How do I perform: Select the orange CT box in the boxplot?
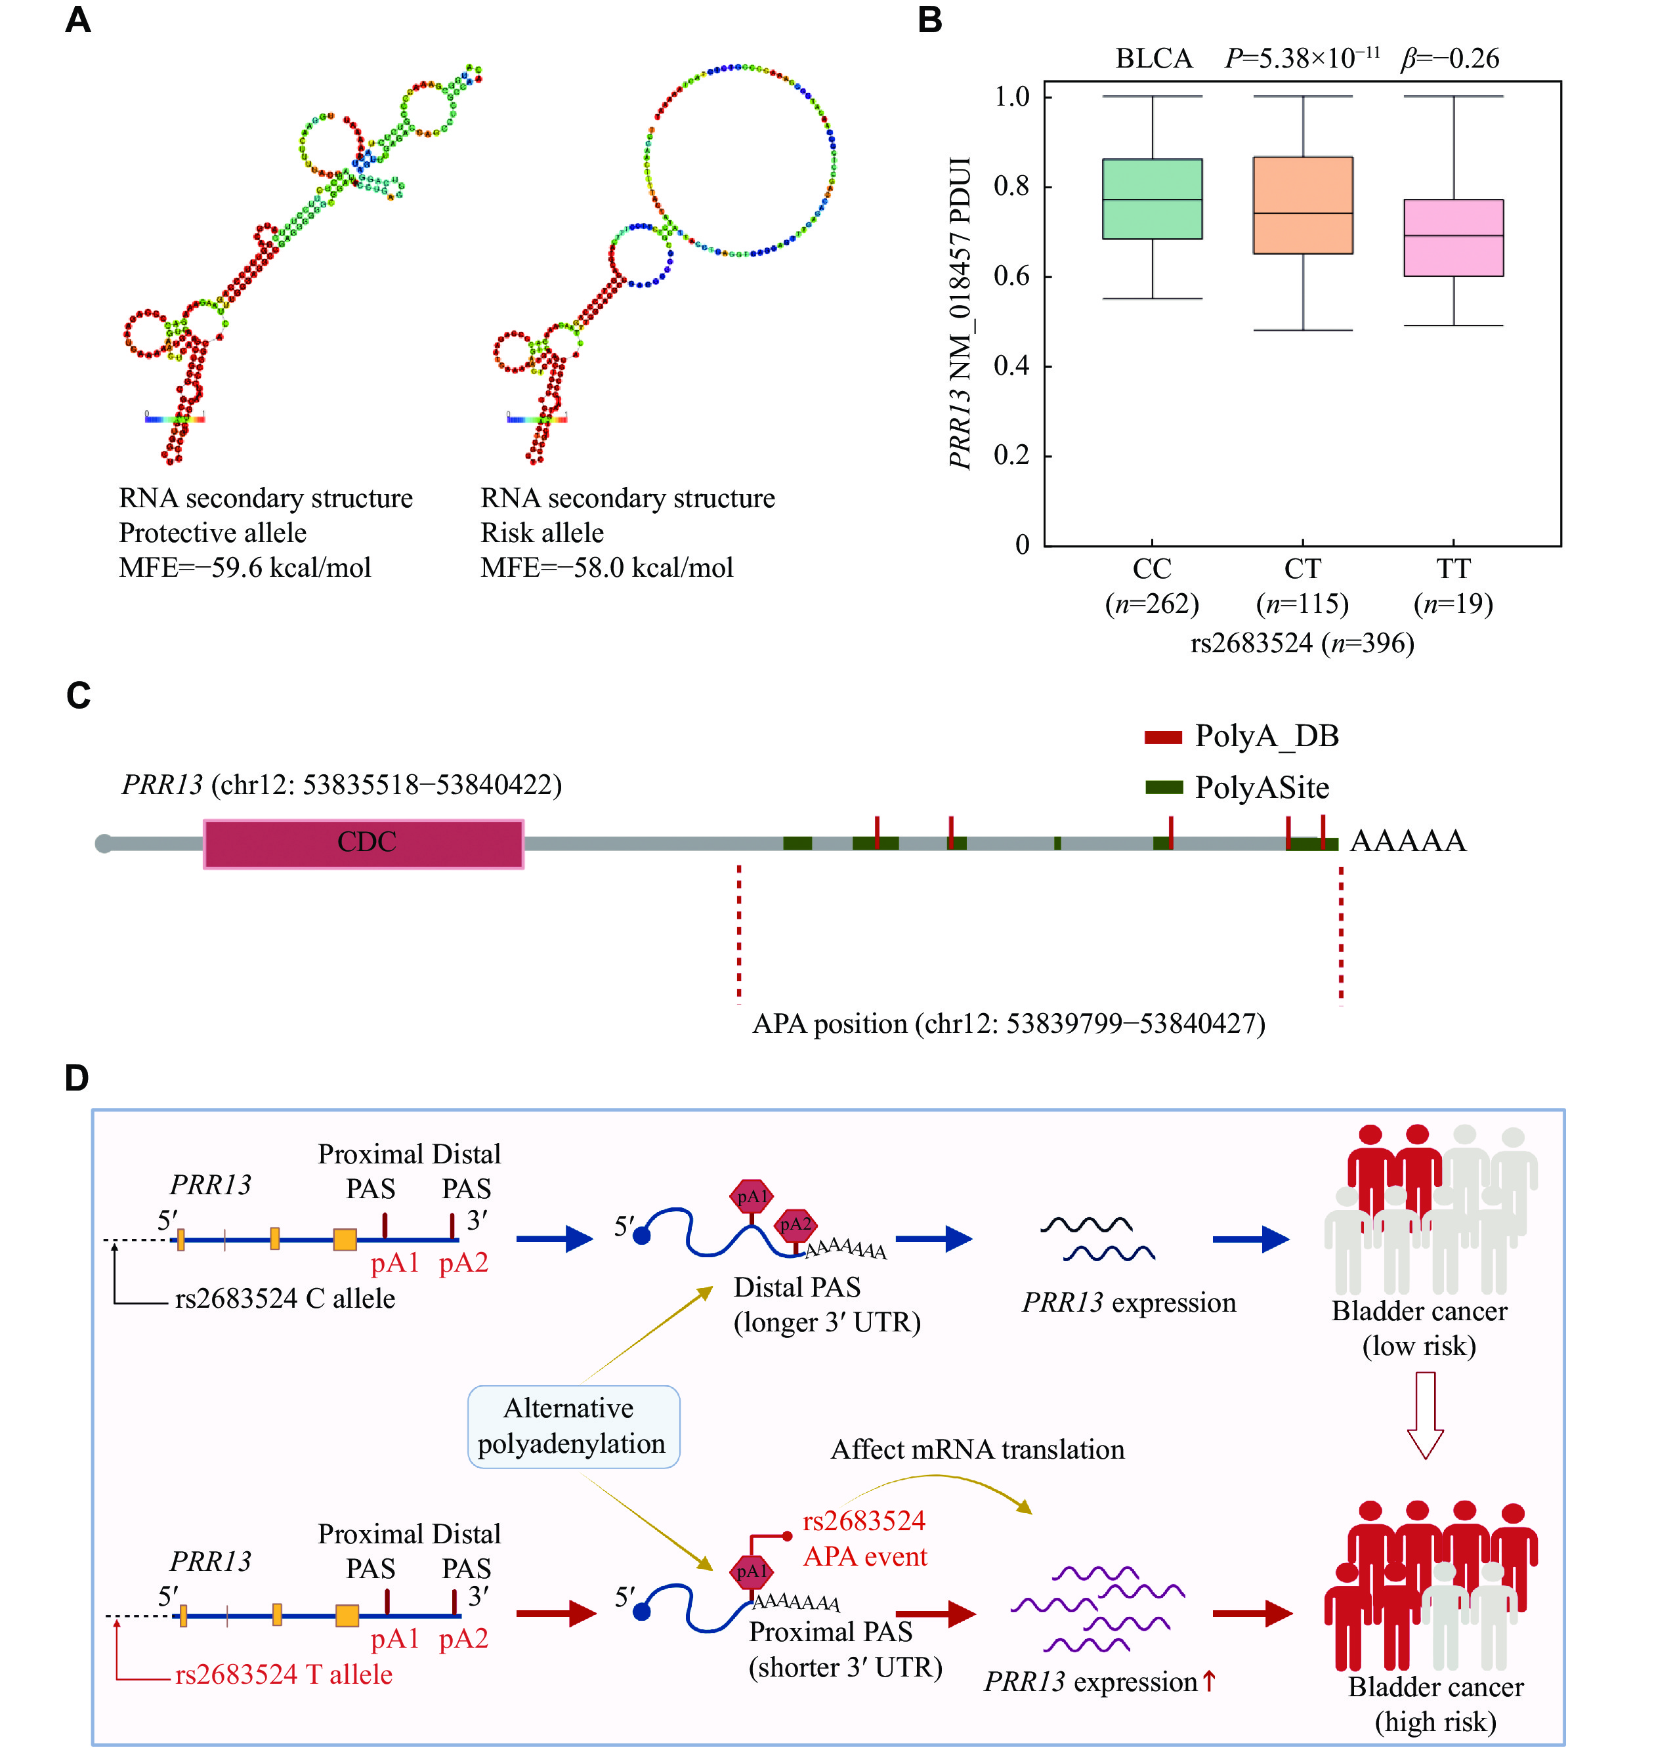click(x=1302, y=205)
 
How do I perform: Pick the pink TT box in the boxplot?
click(x=1453, y=238)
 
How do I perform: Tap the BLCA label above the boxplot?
click(x=1153, y=59)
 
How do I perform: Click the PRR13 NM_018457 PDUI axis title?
click(x=960, y=313)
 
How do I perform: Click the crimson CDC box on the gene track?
click(x=364, y=843)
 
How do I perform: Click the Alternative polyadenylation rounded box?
click(x=573, y=1426)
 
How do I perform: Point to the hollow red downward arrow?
click(x=1425, y=1415)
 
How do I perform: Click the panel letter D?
click(x=77, y=1078)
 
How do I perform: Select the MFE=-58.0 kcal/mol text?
click(x=606, y=568)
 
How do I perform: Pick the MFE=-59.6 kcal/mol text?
click(x=245, y=568)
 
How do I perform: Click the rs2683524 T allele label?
click(x=284, y=1675)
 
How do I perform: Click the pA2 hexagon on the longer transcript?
click(x=795, y=1224)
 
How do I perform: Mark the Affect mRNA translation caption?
click(x=977, y=1450)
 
